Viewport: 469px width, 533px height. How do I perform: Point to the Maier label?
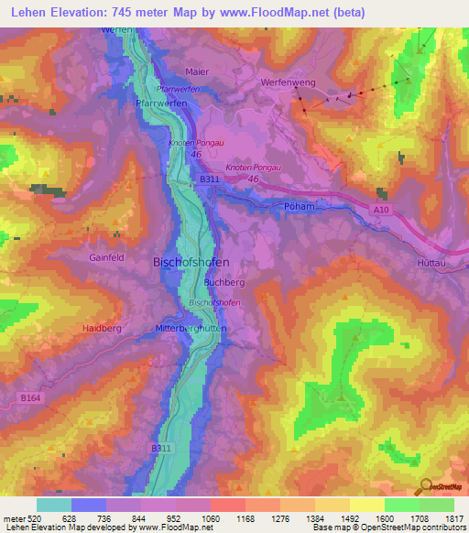coord(196,71)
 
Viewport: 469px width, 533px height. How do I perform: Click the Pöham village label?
coord(298,207)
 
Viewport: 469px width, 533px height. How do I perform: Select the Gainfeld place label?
coord(106,258)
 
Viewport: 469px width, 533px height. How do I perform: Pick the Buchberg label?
coord(224,284)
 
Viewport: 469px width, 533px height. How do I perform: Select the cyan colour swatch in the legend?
coord(53,505)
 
